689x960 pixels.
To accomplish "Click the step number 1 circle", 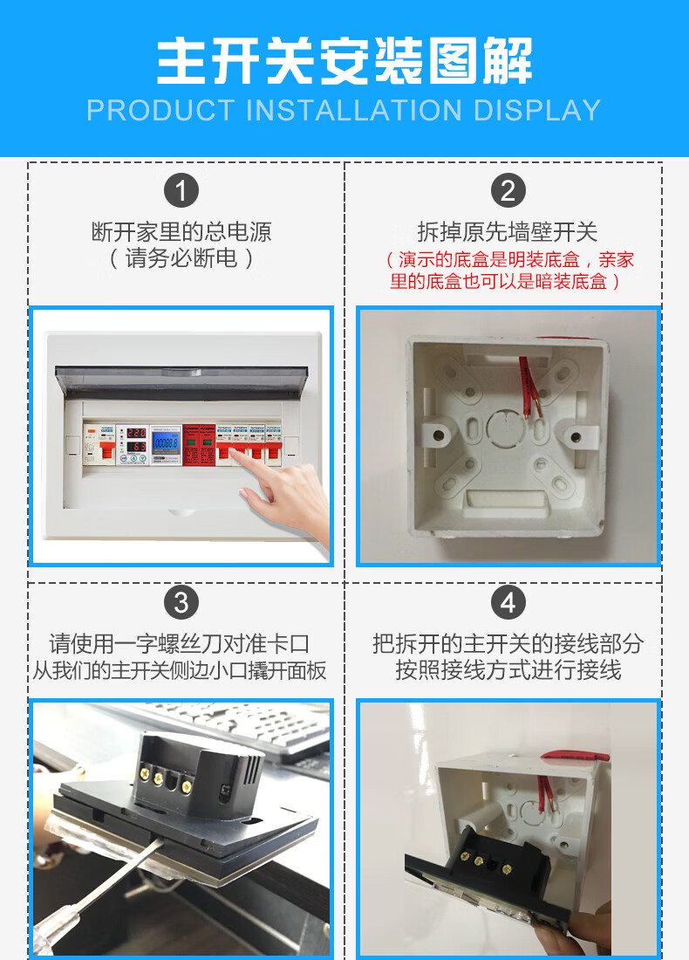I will coord(181,190).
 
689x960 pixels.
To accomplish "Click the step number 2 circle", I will coord(508,190).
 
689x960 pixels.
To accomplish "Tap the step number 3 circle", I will coord(181,602).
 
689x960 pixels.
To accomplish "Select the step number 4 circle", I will coord(508,602).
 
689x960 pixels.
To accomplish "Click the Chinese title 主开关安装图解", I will coord(344,61).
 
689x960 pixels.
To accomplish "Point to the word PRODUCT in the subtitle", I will coord(161,111).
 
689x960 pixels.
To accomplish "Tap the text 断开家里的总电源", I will coord(181,232).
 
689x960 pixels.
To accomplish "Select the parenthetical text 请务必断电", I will coord(181,258).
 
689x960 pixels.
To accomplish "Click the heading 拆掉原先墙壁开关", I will coord(508,232).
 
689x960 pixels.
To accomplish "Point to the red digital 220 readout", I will coord(135,433).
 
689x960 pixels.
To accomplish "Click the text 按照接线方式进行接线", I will coord(508,670).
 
